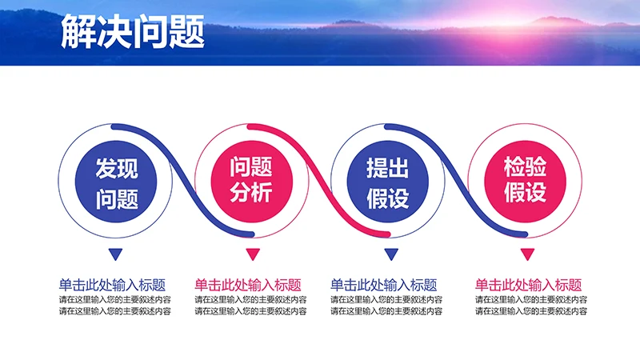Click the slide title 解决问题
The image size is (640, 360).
click(x=132, y=33)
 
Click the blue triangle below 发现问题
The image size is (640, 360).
click(x=116, y=255)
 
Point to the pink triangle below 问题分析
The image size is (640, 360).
click(x=252, y=255)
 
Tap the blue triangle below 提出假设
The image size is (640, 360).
click(x=390, y=255)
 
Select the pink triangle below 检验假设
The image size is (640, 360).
click(x=526, y=255)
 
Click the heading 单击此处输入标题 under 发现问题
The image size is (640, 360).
click(x=112, y=285)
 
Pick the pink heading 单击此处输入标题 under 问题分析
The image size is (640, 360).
click(x=248, y=285)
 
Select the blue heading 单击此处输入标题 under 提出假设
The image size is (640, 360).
click(x=384, y=285)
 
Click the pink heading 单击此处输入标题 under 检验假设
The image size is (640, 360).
click(x=528, y=285)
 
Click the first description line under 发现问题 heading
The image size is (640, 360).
click(x=114, y=300)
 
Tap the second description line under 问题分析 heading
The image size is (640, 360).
click(x=250, y=311)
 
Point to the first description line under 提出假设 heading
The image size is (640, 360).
click(x=386, y=300)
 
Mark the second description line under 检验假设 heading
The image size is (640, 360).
click(x=531, y=311)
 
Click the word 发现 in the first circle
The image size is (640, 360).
click(x=116, y=168)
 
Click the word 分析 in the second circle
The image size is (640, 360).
click(x=252, y=193)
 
